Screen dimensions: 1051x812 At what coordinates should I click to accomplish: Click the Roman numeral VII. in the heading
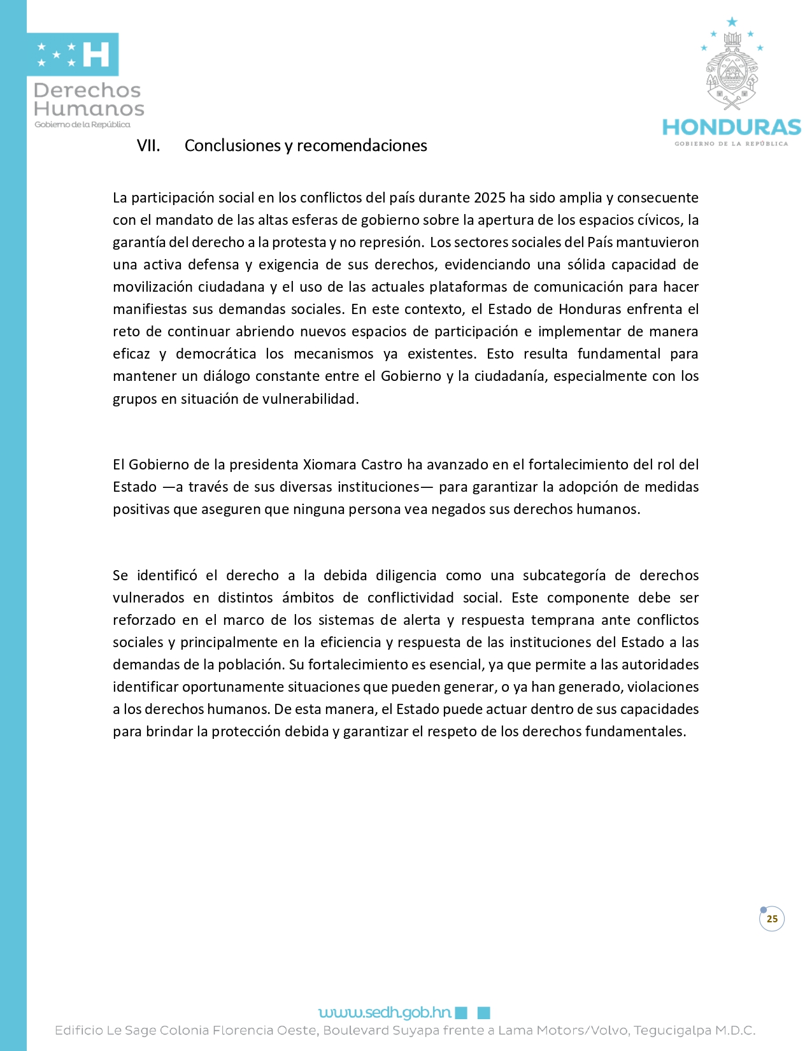[x=148, y=146]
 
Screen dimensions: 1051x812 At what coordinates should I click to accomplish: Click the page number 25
[x=772, y=919]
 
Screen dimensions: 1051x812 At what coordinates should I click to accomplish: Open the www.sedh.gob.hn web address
[x=385, y=1012]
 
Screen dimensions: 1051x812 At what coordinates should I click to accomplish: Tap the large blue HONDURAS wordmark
[x=731, y=127]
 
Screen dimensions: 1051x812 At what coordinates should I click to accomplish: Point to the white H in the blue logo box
[x=96, y=55]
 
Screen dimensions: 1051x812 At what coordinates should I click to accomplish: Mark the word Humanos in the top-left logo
[x=89, y=109]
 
